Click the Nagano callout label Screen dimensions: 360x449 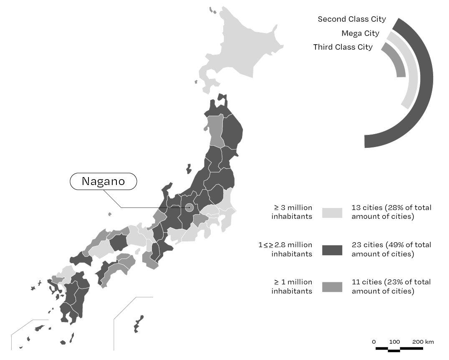(x=103, y=181)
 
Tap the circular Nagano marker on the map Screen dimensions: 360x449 (x=189, y=207)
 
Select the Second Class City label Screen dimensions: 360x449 (x=352, y=19)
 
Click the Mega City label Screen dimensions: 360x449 (x=360, y=33)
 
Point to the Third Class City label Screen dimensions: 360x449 (x=343, y=47)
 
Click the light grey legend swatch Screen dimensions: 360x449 (x=332, y=213)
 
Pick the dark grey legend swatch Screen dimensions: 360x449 (x=332, y=250)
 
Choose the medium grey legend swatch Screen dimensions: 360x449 (x=332, y=286)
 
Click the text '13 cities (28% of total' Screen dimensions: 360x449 (x=391, y=208)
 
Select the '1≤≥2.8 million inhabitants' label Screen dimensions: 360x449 (x=285, y=249)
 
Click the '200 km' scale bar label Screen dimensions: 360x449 (x=423, y=342)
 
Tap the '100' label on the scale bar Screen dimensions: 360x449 (x=394, y=342)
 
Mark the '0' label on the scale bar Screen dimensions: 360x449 (x=374, y=342)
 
